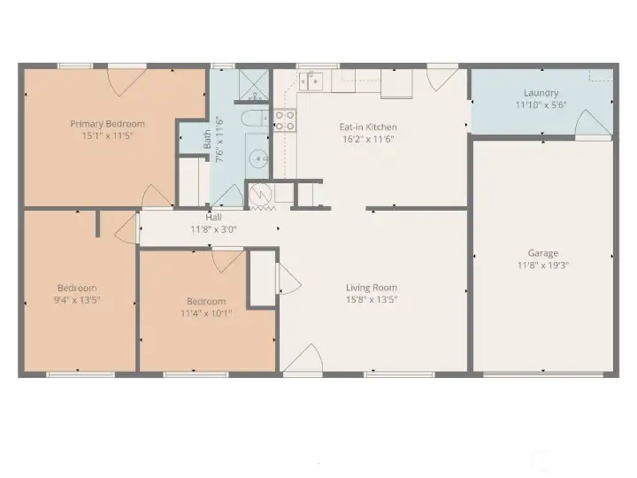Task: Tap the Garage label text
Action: tap(543, 253)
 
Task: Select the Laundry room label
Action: tap(541, 93)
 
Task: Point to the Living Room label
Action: tap(371, 288)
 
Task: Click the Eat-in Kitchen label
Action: tap(368, 127)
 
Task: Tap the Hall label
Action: tap(213, 217)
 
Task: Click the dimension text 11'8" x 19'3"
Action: tap(543, 266)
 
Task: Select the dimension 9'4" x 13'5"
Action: tap(77, 300)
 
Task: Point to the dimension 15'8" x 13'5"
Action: tap(371, 300)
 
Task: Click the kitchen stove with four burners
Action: tap(284, 120)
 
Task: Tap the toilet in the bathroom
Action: tap(252, 119)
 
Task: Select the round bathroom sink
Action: tap(259, 159)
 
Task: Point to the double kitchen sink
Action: tap(311, 81)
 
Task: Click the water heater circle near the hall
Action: tap(262, 195)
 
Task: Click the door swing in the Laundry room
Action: tap(593, 126)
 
